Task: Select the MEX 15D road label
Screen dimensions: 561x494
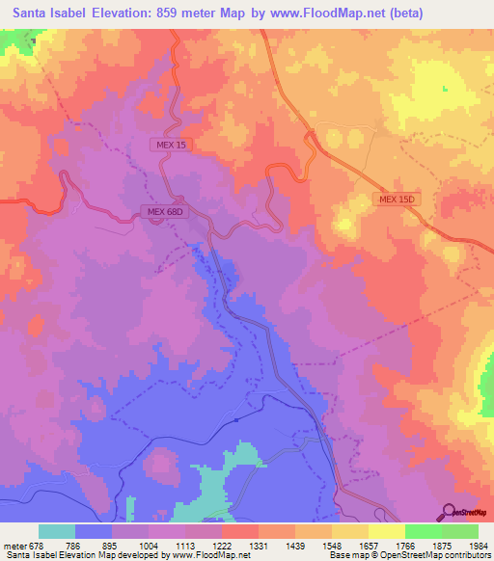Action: click(396, 199)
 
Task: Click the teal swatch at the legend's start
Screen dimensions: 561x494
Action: click(57, 531)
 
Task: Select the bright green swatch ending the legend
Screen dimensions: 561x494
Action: click(460, 531)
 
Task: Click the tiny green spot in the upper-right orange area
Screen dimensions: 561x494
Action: click(446, 89)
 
